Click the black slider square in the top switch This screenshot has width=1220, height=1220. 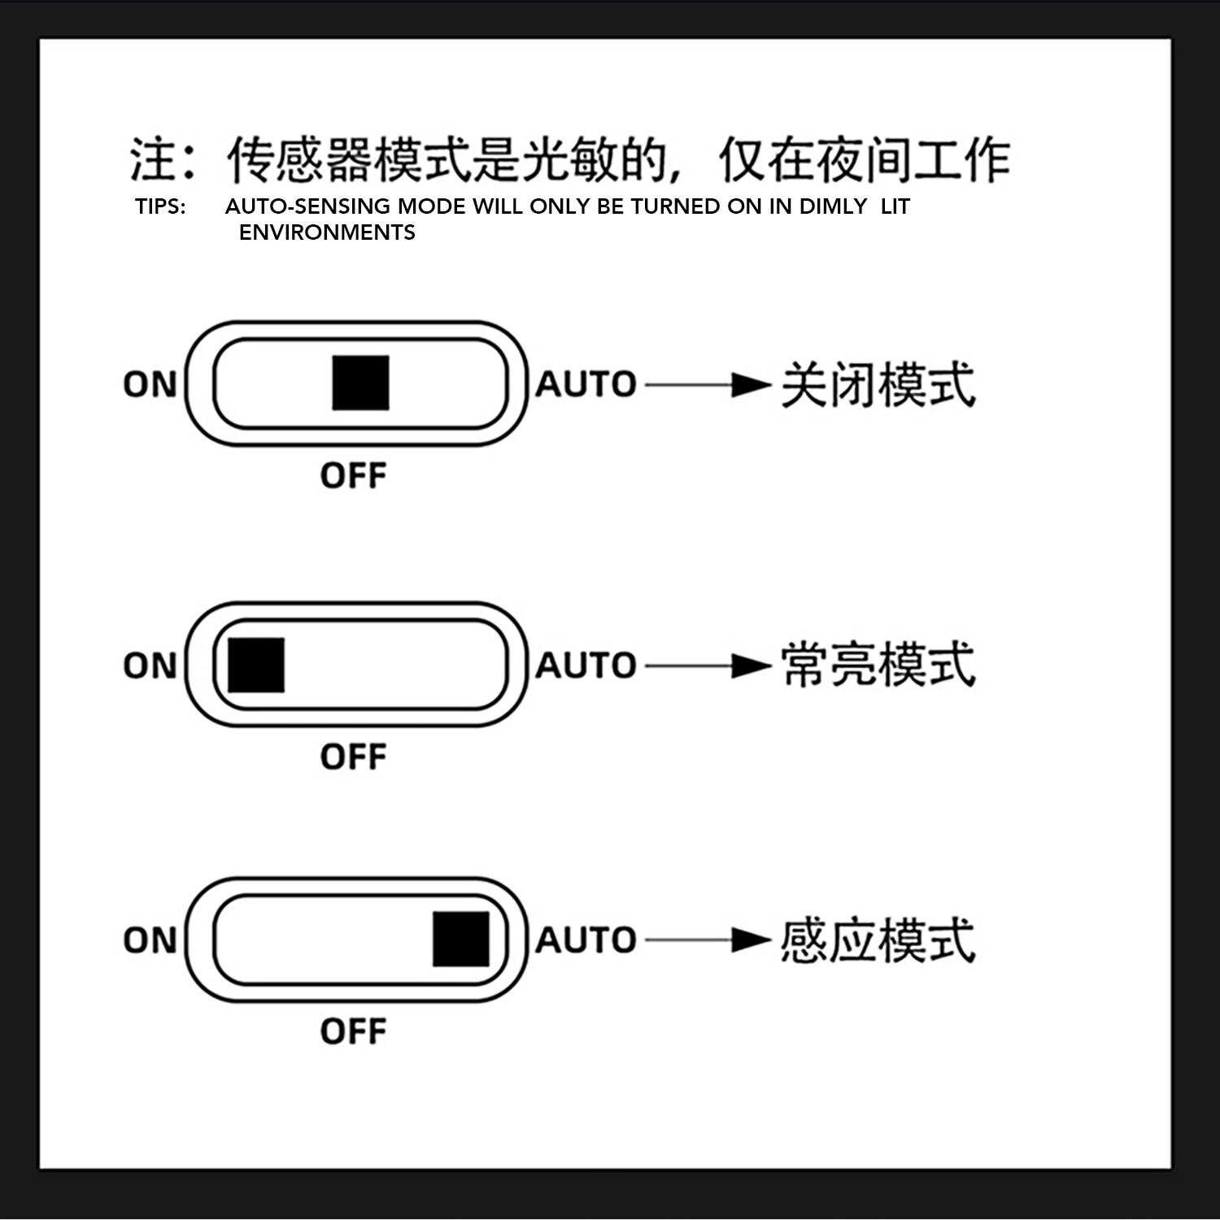click(x=360, y=383)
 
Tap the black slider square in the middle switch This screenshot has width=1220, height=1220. click(x=256, y=665)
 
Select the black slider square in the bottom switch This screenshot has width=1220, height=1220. click(x=461, y=939)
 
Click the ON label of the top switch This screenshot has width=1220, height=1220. click(x=150, y=384)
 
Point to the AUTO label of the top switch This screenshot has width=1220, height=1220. click(x=586, y=384)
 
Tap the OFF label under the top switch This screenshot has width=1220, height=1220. click(x=353, y=475)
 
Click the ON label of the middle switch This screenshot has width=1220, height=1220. click(x=150, y=666)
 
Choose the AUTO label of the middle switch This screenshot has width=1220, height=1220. click(x=586, y=666)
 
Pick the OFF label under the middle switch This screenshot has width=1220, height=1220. click(x=353, y=757)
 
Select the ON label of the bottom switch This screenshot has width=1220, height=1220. click(x=150, y=940)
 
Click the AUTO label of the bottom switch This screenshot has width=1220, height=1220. click(x=586, y=940)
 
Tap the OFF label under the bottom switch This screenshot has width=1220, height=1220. click(x=353, y=1031)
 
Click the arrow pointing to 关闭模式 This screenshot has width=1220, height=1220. click(x=708, y=384)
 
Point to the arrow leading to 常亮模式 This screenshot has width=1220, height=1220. click(x=708, y=666)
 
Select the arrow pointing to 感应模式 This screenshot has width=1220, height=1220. click(x=708, y=940)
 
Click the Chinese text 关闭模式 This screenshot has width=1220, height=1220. click(x=878, y=384)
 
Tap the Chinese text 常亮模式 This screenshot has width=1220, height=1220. click(x=878, y=665)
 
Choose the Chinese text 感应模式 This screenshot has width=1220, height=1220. click(x=878, y=940)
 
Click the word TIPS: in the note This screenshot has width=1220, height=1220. click(x=160, y=206)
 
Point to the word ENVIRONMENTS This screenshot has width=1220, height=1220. click(x=327, y=232)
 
